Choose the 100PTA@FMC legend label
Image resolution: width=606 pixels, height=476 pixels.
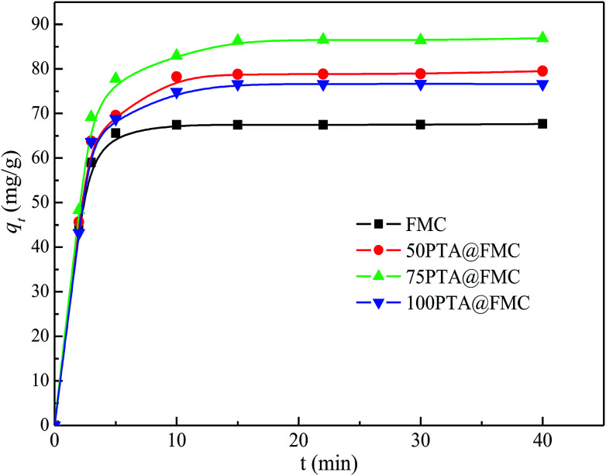click(470, 303)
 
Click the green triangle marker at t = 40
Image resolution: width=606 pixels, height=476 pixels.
click(542, 37)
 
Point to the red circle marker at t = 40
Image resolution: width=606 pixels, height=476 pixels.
click(542, 71)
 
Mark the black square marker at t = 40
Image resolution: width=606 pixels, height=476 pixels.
click(542, 123)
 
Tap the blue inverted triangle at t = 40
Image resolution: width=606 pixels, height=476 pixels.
click(542, 85)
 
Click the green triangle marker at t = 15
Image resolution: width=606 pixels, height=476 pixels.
click(238, 40)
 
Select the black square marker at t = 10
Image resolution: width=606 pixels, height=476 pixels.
click(177, 124)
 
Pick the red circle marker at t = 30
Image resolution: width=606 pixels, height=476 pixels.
click(421, 74)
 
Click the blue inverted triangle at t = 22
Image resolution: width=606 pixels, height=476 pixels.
click(323, 85)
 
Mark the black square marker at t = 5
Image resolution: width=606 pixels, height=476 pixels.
click(115, 133)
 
